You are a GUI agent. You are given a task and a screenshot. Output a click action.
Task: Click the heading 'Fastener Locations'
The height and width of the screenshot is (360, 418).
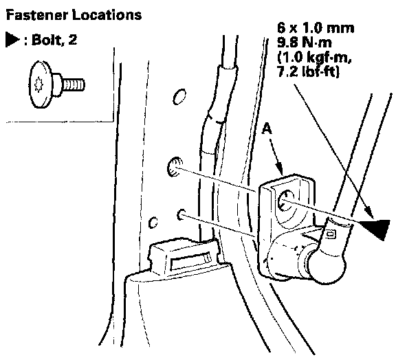click(55, 13)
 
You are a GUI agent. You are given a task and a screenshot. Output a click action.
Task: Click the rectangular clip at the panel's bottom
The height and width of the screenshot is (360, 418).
click(181, 258)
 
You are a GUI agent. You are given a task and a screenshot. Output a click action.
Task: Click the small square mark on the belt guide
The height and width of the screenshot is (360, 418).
click(331, 234)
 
